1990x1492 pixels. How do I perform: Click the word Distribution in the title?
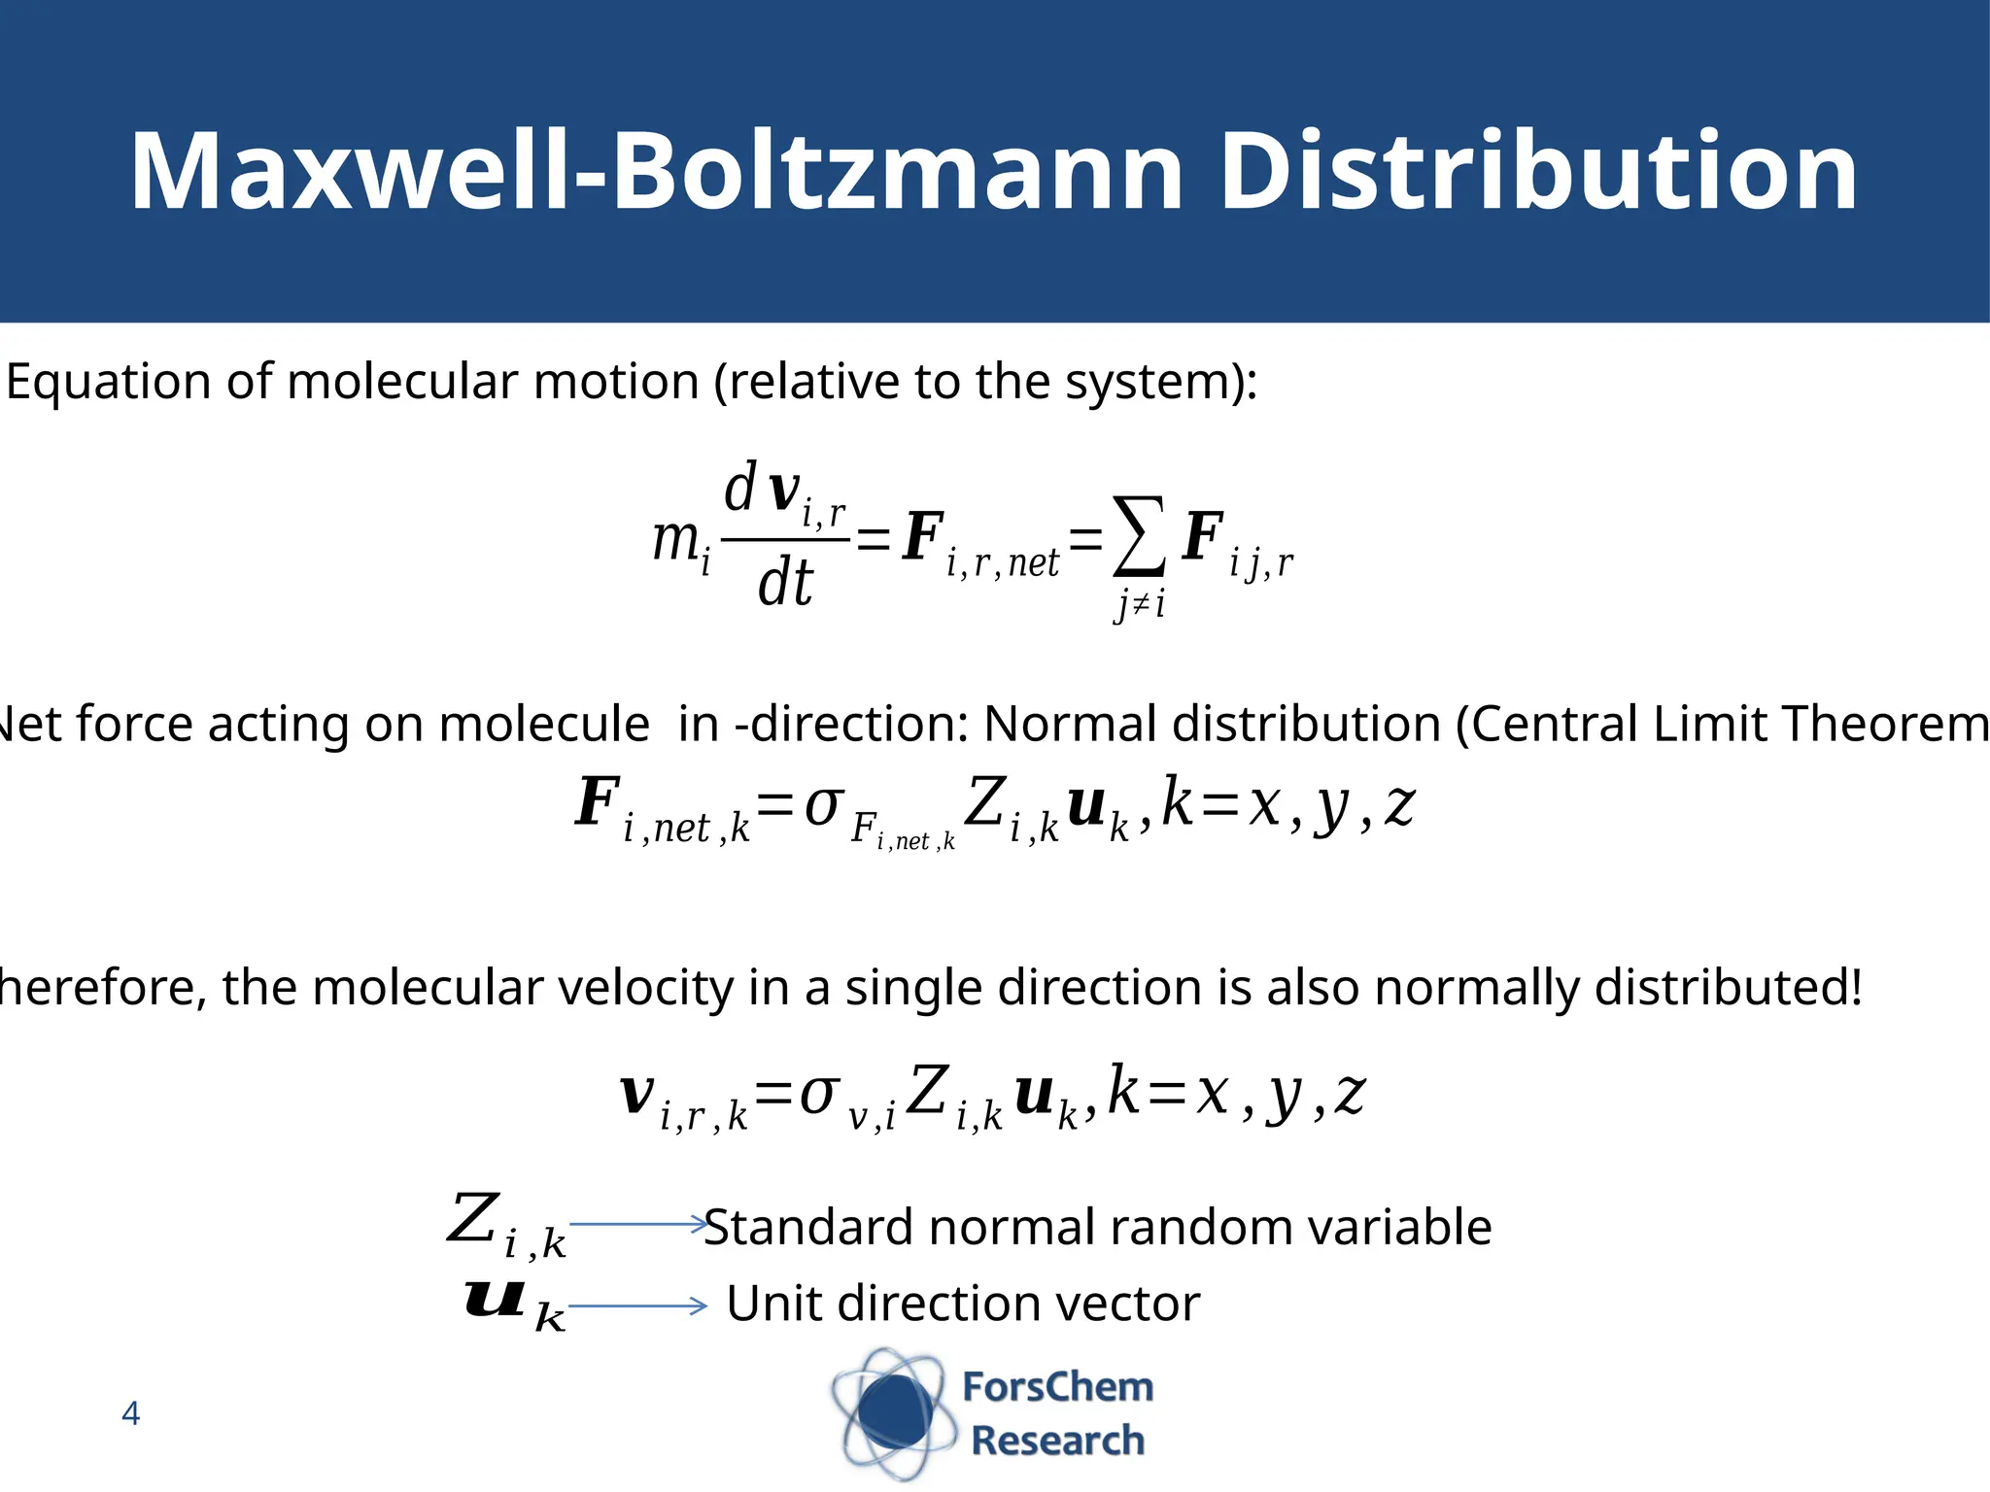tap(1537, 173)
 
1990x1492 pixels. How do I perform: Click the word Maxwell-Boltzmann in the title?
tap(656, 173)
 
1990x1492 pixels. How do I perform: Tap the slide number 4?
tap(131, 1413)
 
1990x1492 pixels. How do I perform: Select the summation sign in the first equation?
tap(1139, 537)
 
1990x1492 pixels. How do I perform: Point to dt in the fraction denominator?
tap(785, 584)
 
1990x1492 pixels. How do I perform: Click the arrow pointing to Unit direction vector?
tap(637, 1306)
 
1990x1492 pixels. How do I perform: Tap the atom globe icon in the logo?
tap(889, 1413)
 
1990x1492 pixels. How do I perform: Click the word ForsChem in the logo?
tap(1057, 1387)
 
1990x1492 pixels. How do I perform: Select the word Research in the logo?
tap(1057, 1441)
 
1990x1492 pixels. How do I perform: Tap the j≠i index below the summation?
tap(1140, 605)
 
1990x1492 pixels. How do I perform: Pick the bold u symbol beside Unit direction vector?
tap(496, 1300)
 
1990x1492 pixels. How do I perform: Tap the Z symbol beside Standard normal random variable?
tap(473, 1218)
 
